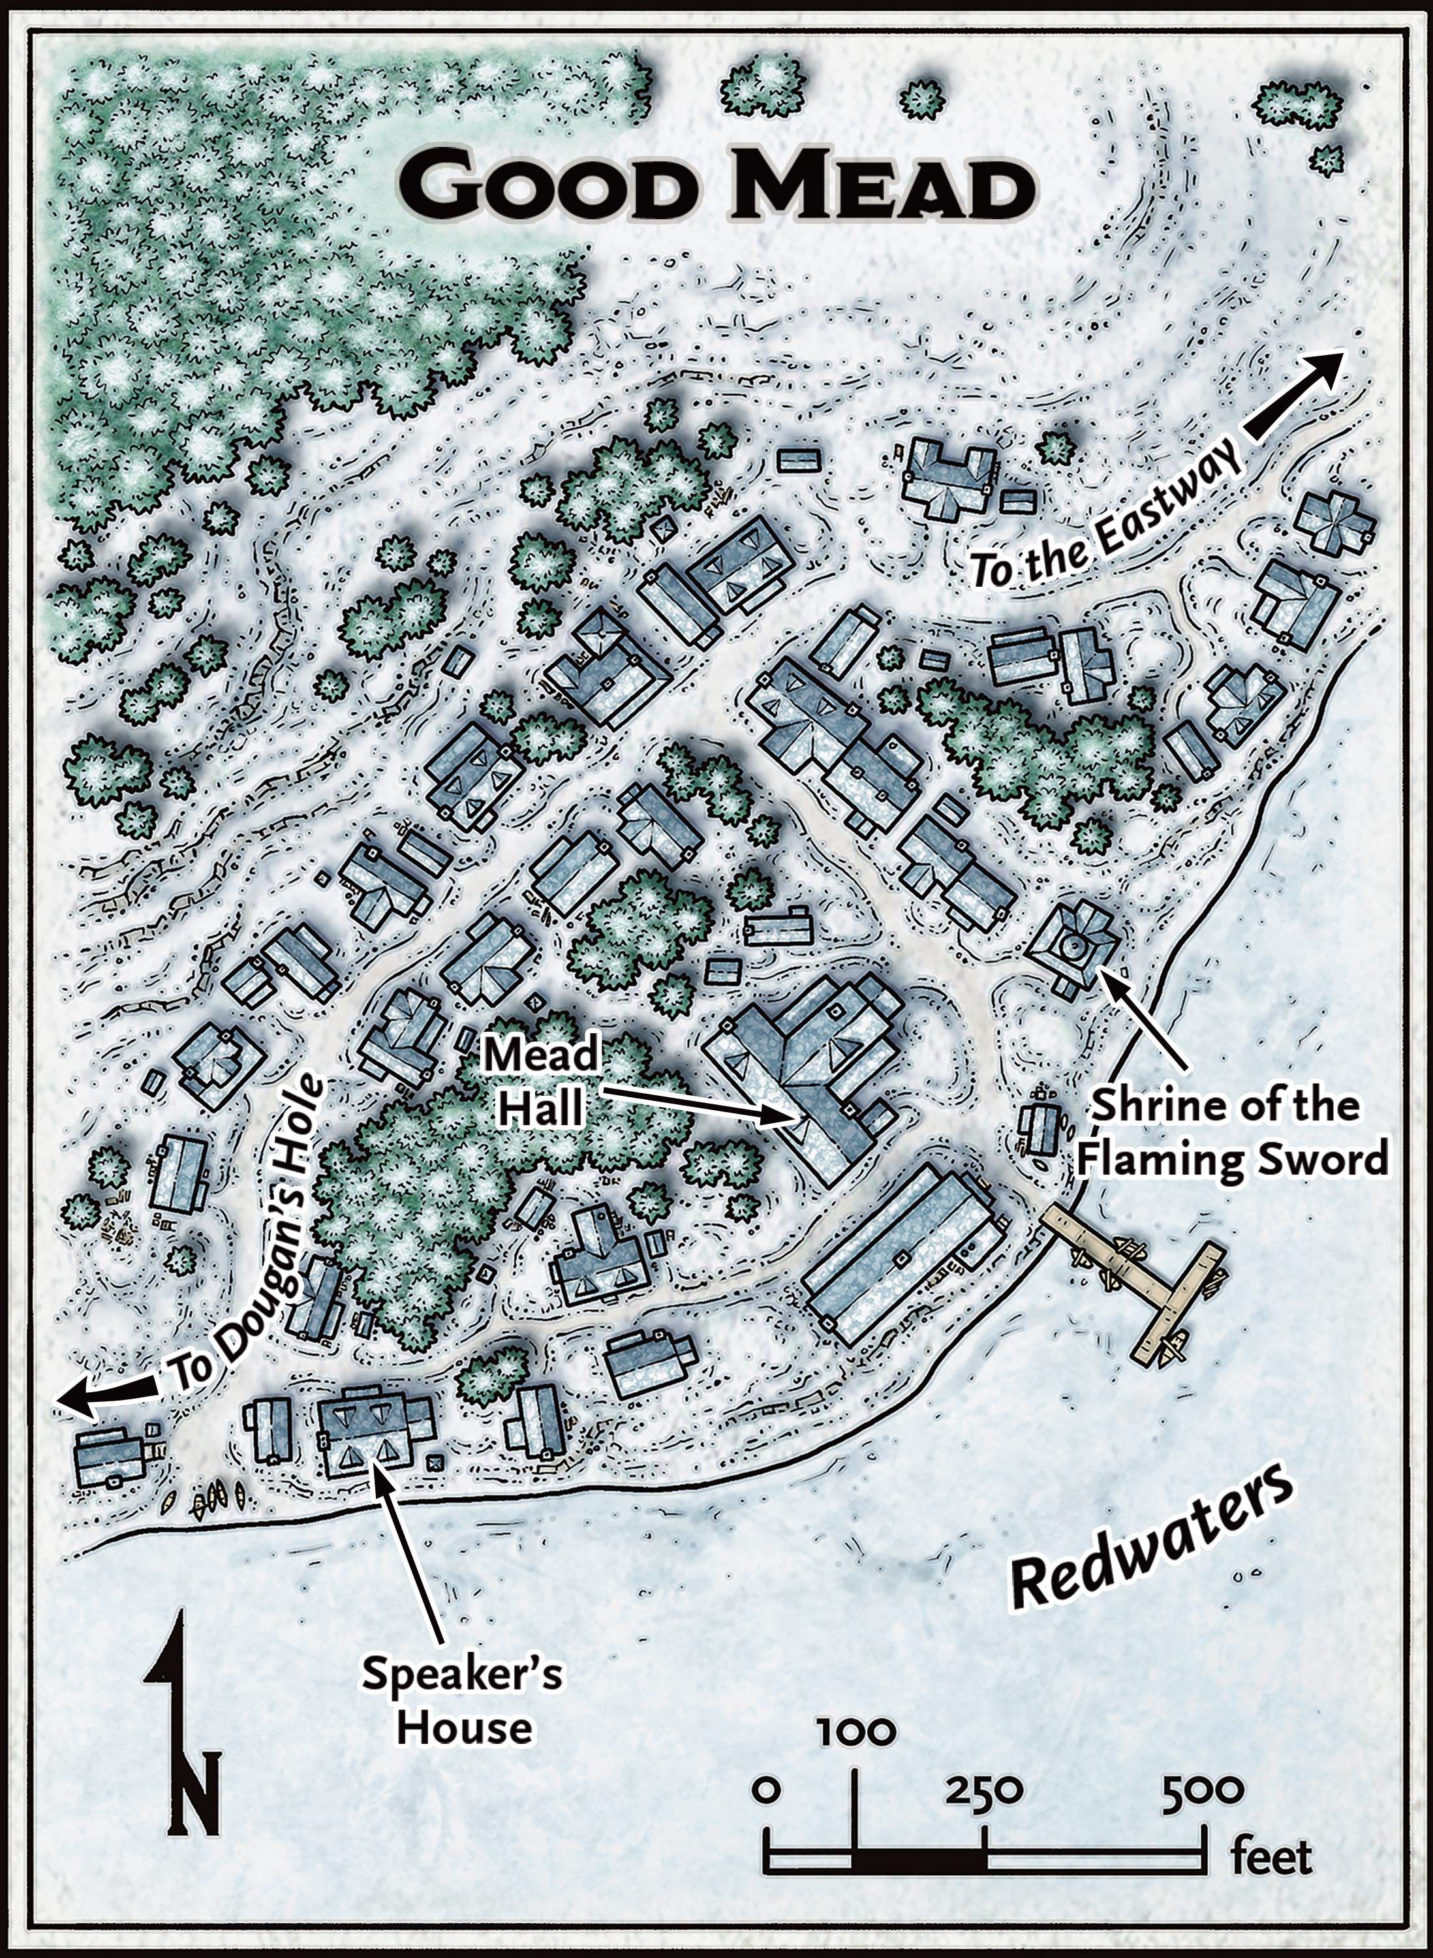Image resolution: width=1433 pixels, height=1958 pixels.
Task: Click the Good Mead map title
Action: [x=716, y=187]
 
